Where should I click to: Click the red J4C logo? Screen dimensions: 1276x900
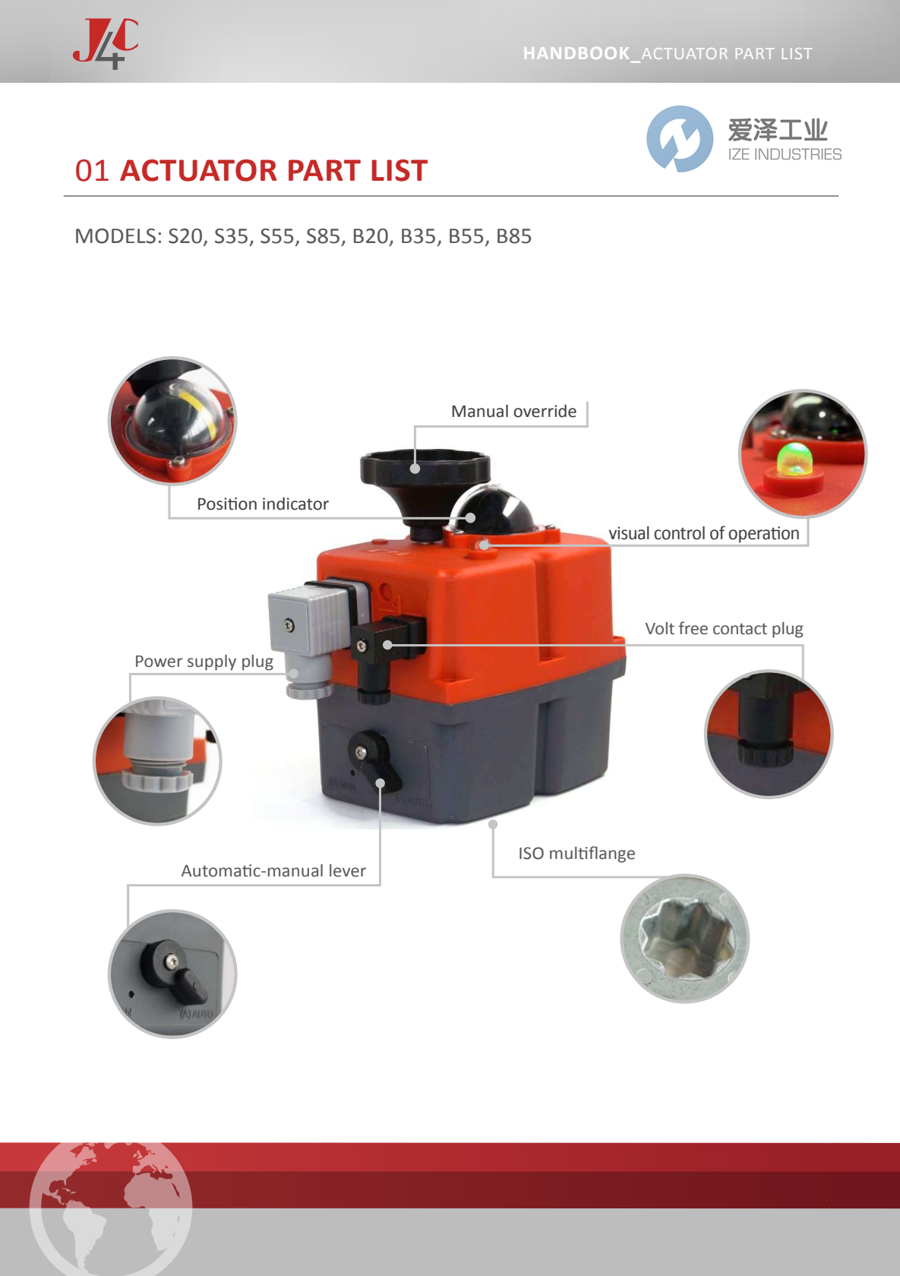[106, 43]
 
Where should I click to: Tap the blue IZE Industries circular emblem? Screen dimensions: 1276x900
[680, 139]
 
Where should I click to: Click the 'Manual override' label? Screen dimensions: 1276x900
[513, 412]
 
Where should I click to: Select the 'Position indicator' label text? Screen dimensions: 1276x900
[262, 504]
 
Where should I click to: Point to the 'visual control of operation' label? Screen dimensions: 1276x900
[703, 534]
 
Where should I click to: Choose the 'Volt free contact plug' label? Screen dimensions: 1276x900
[723, 629]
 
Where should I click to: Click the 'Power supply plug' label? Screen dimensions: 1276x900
[204, 662]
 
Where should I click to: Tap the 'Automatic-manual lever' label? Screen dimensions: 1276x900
[273, 871]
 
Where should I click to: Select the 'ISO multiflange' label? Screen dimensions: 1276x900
[576, 854]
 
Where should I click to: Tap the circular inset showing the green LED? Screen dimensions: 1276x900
[803, 453]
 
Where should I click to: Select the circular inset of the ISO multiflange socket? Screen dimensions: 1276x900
[685, 939]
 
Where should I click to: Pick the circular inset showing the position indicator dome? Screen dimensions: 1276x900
[172, 421]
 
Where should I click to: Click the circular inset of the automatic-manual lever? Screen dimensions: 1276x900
[172, 974]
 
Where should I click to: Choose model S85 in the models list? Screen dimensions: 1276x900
[323, 237]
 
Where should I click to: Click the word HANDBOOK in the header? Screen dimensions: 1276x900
[576, 54]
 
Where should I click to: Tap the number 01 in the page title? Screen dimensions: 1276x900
[92, 171]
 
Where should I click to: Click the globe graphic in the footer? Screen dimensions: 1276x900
[111, 1208]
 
